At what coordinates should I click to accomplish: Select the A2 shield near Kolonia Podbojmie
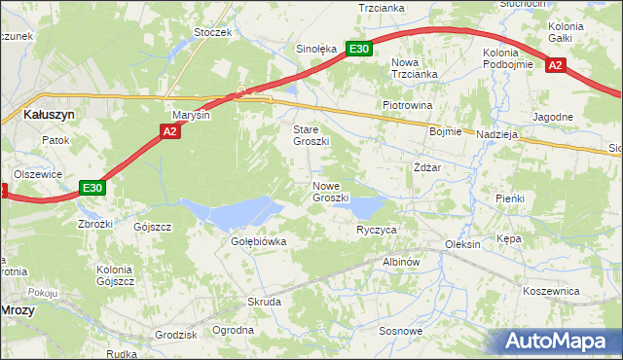coord(555,65)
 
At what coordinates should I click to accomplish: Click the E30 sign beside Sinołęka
coord(359,48)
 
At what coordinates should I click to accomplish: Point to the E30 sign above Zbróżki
coord(92,188)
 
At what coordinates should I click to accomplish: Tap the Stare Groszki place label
coord(311,135)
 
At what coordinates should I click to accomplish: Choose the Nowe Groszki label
coord(331,191)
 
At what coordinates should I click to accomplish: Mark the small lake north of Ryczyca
coord(366,205)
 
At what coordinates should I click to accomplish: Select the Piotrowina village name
coord(407,105)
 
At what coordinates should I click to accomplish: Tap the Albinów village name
coord(400,262)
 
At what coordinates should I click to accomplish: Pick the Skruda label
coord(264,302)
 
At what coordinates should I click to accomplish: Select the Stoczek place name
coord(212,32)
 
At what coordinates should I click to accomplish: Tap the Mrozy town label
coord(18,309)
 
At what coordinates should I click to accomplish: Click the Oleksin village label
coord(462,244)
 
